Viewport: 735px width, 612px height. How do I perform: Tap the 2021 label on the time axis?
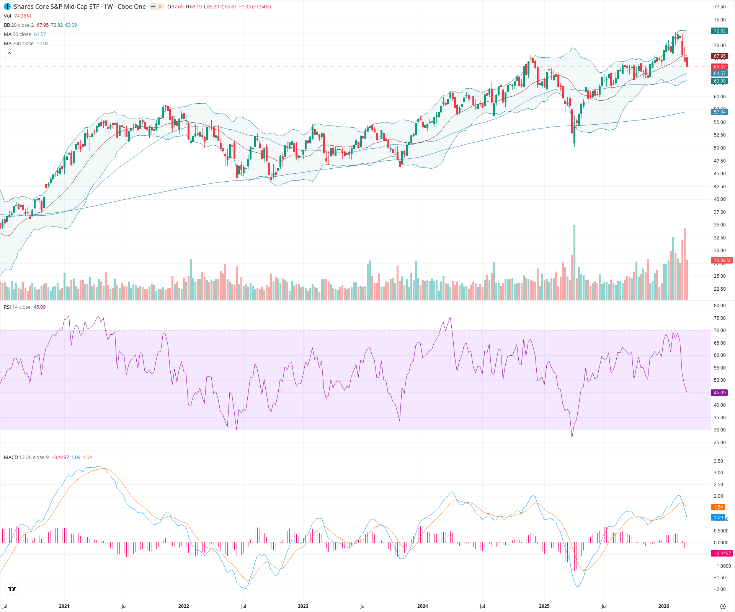64,606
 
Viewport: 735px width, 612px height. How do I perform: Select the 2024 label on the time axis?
423,606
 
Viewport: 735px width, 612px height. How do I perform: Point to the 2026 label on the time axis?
664,606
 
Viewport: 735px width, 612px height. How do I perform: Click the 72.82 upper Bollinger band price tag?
719,31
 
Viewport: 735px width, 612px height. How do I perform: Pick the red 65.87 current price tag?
719,67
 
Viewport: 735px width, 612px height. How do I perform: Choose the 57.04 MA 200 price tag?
719,112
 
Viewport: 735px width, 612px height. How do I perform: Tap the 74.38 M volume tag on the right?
722,260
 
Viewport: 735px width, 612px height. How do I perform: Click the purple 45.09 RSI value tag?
719,393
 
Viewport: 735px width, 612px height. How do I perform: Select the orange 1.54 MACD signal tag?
718,507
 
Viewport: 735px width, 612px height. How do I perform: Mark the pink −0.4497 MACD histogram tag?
722,553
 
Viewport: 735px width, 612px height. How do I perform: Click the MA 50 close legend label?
18,34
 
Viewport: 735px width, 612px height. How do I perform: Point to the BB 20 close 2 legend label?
19,25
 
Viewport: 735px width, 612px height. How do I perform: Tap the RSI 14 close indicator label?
17,307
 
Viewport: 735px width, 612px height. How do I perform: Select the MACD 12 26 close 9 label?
26,457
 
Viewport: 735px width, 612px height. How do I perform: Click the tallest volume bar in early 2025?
574,264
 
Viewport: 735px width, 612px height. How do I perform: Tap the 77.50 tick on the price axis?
720,7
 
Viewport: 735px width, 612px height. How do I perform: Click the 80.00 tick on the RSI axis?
720,306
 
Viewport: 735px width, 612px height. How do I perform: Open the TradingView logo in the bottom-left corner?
12,589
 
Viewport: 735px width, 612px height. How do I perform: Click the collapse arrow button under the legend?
10,53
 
